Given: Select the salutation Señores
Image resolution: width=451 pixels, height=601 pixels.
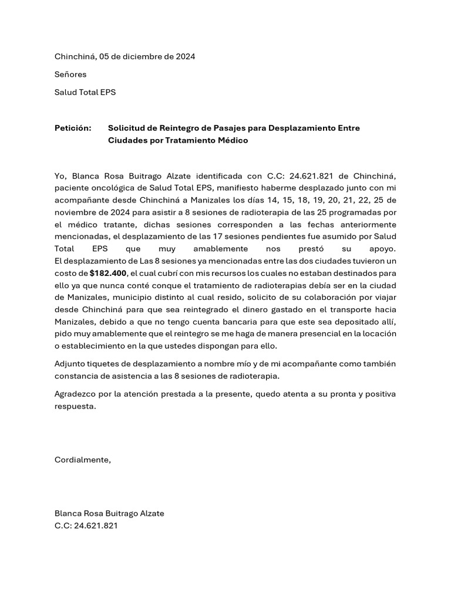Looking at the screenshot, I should [x=70, y=75].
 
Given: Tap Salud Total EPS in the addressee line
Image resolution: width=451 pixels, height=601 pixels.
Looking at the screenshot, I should [x=85, y=92].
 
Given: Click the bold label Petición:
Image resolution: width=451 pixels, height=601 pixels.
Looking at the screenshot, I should [x=73, y=128].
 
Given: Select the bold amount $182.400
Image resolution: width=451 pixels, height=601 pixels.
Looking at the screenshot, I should [x=108, y=274].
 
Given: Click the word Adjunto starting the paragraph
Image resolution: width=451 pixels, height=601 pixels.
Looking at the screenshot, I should [x=69, y=364].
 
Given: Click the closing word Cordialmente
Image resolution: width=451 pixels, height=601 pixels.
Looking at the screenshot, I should [x=82, y=460].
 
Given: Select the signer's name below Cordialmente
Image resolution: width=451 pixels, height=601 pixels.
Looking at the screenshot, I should [x=109, y=514].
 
